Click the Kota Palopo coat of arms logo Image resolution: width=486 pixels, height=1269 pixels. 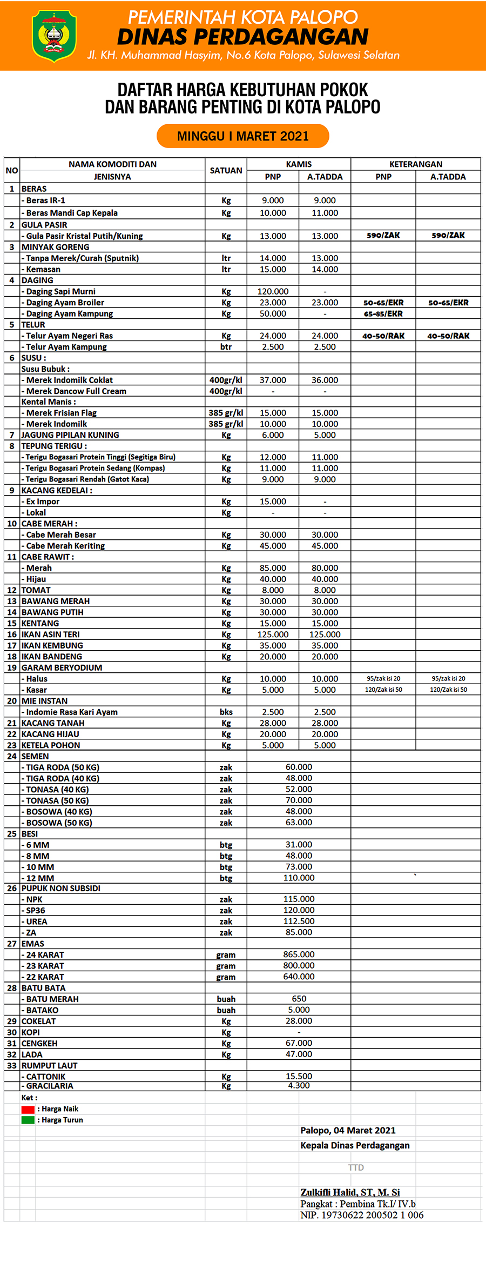point(53,35)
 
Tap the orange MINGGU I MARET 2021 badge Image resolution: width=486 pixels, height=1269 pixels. point(242,136)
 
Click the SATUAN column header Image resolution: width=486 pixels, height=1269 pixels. point(226,170)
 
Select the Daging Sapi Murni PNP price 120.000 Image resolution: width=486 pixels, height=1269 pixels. point(273,291)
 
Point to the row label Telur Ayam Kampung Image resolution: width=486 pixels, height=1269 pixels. point(66,347)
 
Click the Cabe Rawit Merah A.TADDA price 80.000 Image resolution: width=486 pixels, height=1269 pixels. point(325,568)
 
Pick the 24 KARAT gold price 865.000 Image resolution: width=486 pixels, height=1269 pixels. point(299,954)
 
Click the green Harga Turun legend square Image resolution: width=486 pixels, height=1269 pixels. point(28,1120)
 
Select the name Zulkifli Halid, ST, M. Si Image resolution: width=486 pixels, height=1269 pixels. point(350,1192)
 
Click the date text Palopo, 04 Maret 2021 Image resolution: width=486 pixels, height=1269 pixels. point(348,1131)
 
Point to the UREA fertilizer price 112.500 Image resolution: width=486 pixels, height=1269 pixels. point(299,921)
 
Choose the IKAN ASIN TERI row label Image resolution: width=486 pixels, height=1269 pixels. point(50,634)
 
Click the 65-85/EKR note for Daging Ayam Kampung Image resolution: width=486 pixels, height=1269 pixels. point(383,313)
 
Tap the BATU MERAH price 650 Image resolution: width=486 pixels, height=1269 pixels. point(299,999)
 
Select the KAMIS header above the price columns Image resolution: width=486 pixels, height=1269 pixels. point(299,164)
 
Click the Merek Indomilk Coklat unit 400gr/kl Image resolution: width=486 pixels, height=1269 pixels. point(226,380)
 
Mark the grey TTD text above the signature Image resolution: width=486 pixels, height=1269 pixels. point(356,1167)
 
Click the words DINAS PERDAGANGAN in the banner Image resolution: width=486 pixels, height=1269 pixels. point(242,37)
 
